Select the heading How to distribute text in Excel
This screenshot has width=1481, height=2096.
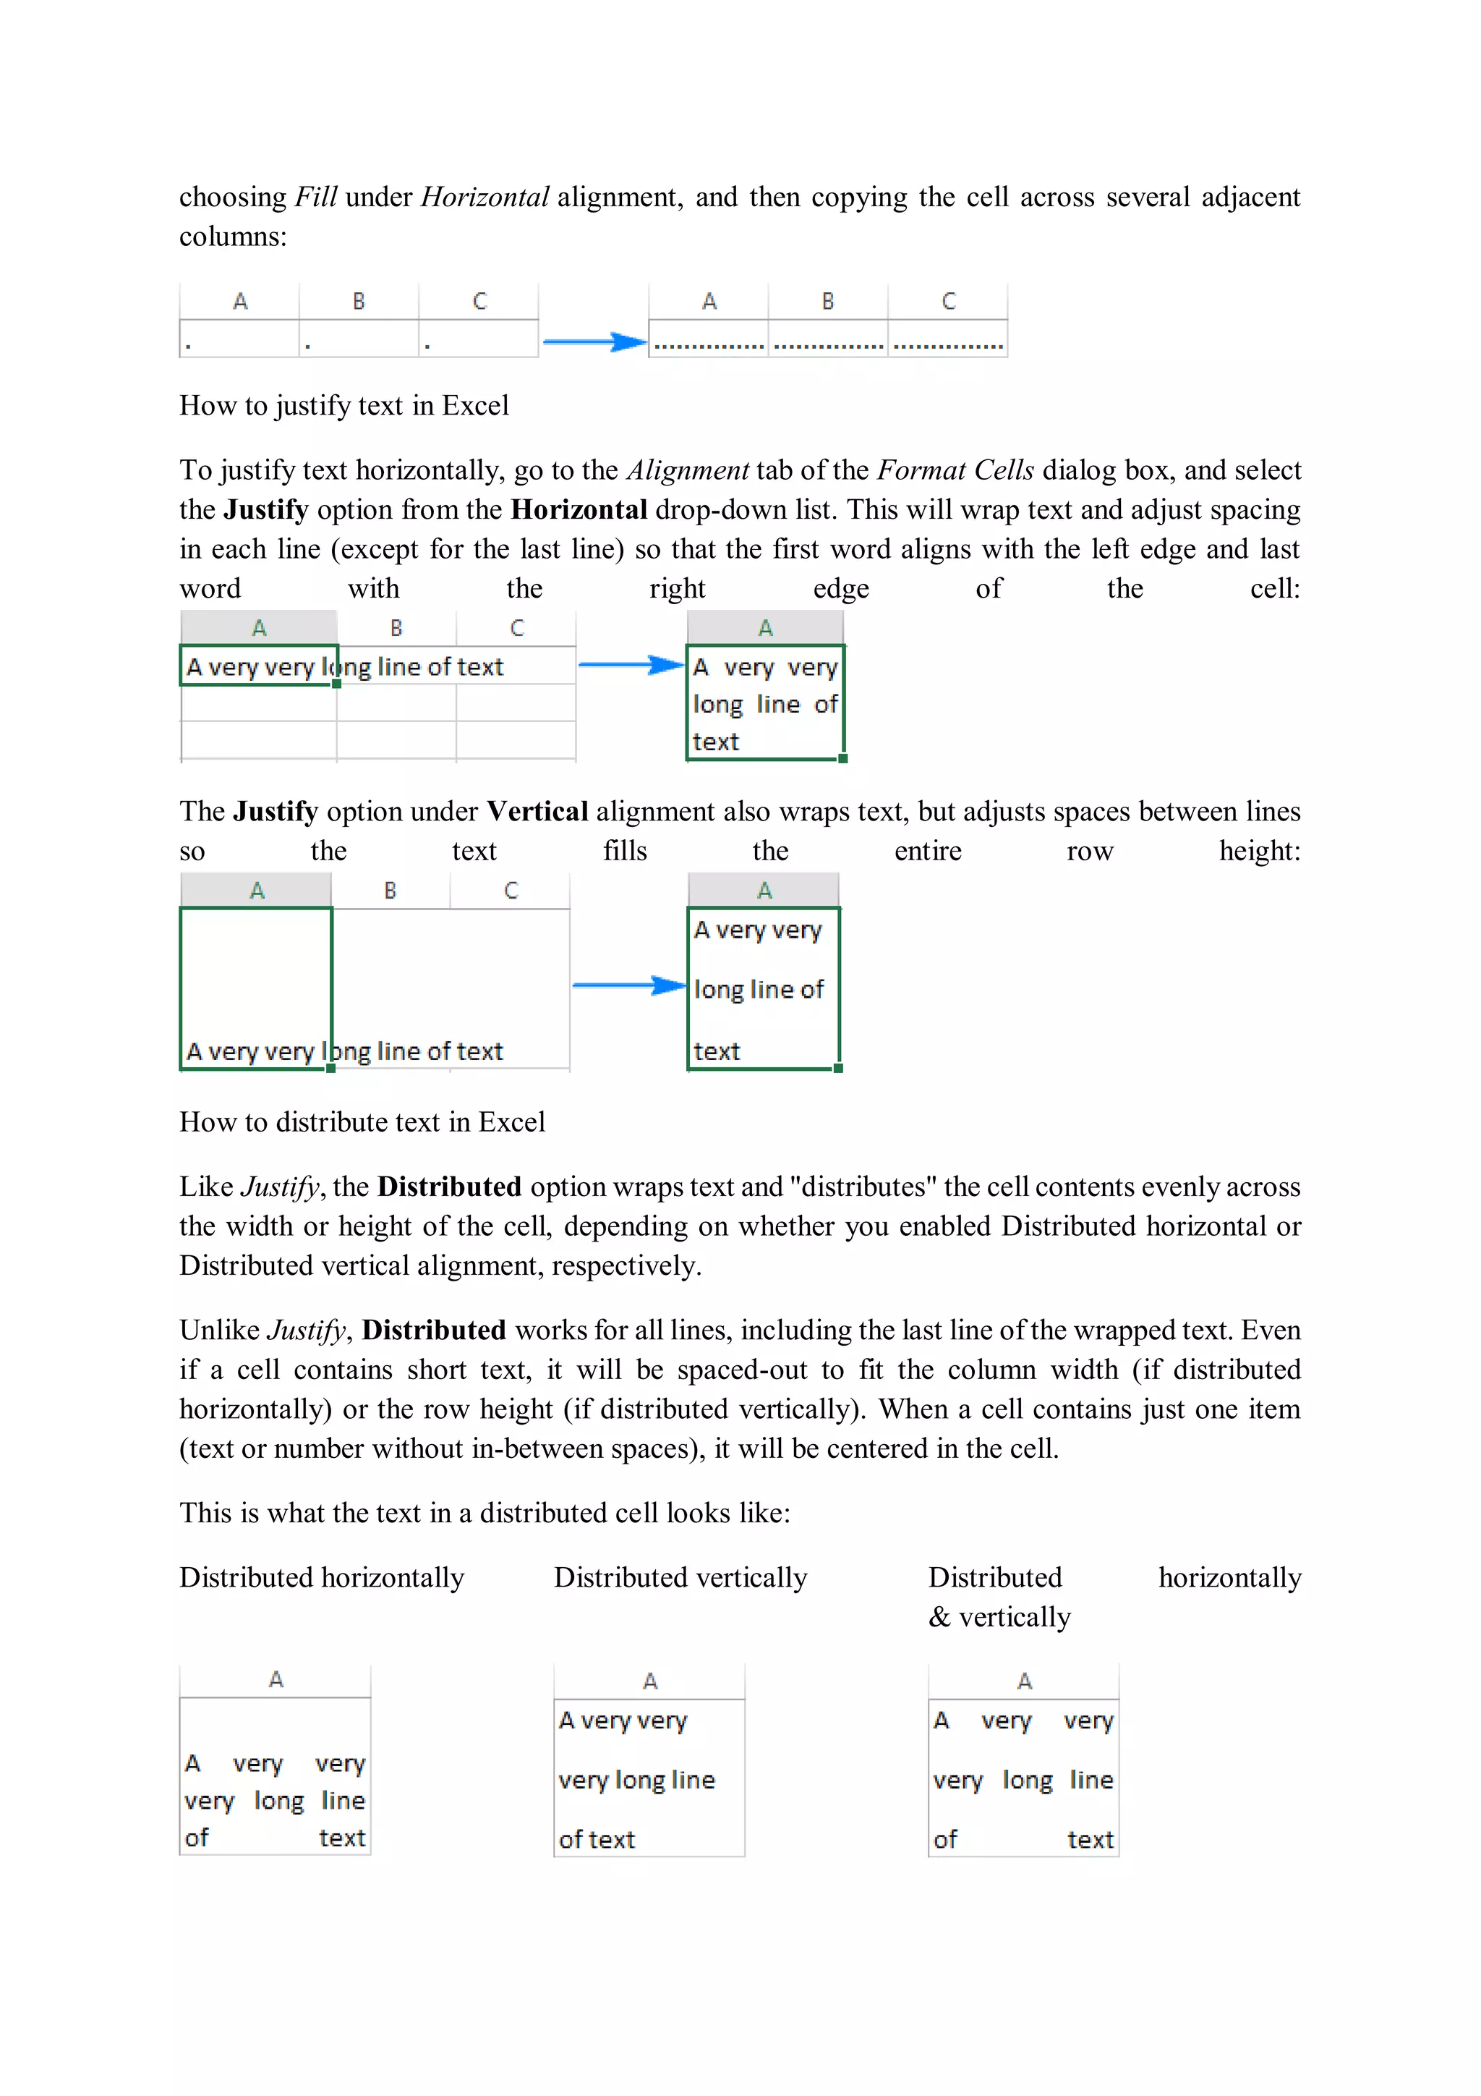(362, 1122)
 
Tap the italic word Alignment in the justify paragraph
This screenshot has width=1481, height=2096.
(688, 470)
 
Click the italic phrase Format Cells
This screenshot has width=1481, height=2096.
(955, 470)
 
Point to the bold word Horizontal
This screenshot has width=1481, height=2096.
(579, 509)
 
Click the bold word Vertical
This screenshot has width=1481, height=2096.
(537, 812)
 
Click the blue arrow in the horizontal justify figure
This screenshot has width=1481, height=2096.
(631, 665)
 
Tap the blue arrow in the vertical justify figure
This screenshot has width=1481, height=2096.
(628, 985)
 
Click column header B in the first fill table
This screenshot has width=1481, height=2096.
(359, 301)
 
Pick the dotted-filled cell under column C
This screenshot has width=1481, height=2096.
(948, 345)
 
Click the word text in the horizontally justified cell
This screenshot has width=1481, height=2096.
(715, 742)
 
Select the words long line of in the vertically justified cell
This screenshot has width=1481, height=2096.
(759, 990)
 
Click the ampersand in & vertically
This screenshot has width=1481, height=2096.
(939, 1618)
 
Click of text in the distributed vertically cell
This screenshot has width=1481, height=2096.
(597, 1839)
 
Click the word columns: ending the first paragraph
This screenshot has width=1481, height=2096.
(233, 237)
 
